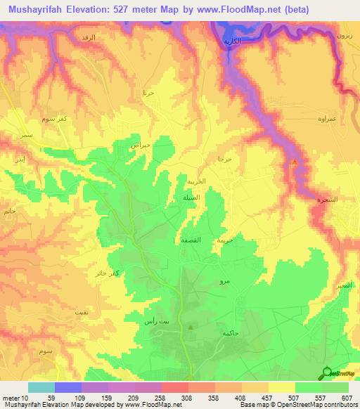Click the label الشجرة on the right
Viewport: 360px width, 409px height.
tap(326, 200)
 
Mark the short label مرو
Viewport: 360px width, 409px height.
tap(224, 281)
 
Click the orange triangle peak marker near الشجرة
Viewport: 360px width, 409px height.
tap(294, 164)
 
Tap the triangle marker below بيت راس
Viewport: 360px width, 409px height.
tap(191, 327)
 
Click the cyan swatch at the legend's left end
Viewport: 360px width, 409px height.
tap(41, 387)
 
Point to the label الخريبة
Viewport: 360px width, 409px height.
tap(196, 181)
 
